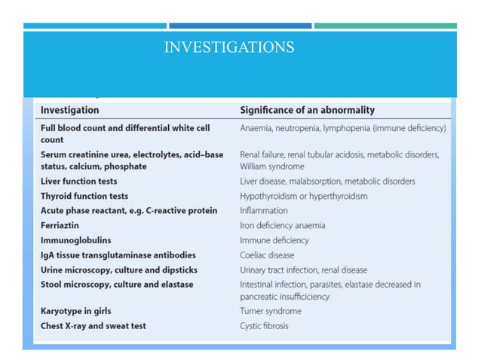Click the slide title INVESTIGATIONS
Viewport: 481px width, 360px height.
[229, 47]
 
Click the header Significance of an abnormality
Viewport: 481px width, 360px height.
[307, 110]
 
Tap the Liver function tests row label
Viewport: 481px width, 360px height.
[78, 182]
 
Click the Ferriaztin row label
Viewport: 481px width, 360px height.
[60, 225]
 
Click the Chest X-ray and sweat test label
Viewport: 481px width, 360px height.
[93, 326]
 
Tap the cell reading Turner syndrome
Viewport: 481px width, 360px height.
[270, 311]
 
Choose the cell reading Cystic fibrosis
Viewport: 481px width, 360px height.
[264, 326]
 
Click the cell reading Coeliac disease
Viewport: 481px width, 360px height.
[267, 255]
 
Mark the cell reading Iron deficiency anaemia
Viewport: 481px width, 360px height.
[283, 225]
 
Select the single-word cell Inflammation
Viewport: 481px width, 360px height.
[264, 211]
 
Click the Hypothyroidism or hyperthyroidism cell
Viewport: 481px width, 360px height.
[304, 196]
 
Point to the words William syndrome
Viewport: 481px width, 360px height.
[272, 166]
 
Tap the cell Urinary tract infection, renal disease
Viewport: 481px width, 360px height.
[304, 270]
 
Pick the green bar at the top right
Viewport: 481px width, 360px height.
[385, 26]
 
